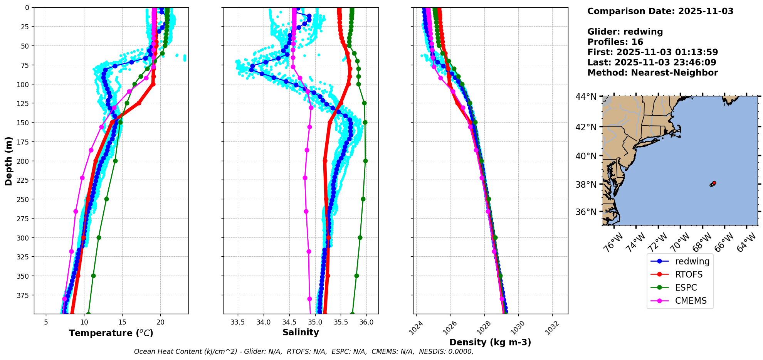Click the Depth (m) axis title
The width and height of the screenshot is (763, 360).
[x=8, y=161]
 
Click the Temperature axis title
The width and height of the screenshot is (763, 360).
[x=111, y=333]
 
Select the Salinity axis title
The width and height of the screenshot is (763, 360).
[x=301, y=332]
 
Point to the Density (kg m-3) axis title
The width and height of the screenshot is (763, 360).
[x=490, y=342]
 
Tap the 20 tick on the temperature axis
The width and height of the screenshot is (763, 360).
[x=160, y=322]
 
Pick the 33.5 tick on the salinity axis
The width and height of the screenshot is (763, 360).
[x=237, y=322]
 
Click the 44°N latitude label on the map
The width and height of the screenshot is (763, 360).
[x=586, y=97]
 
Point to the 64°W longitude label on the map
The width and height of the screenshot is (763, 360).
[x=746, y=243]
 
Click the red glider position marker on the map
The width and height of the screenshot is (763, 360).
[x=714, y=183]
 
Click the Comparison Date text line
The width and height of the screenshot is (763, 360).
[x=660, y=11]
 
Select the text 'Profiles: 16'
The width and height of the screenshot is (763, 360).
[x=615, y=42]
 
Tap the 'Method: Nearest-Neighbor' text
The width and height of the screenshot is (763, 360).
[x=652, y=73]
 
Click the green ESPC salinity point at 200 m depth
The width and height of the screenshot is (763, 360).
[x=365, y=161]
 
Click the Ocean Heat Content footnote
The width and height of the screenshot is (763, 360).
[x=304, y=352]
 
